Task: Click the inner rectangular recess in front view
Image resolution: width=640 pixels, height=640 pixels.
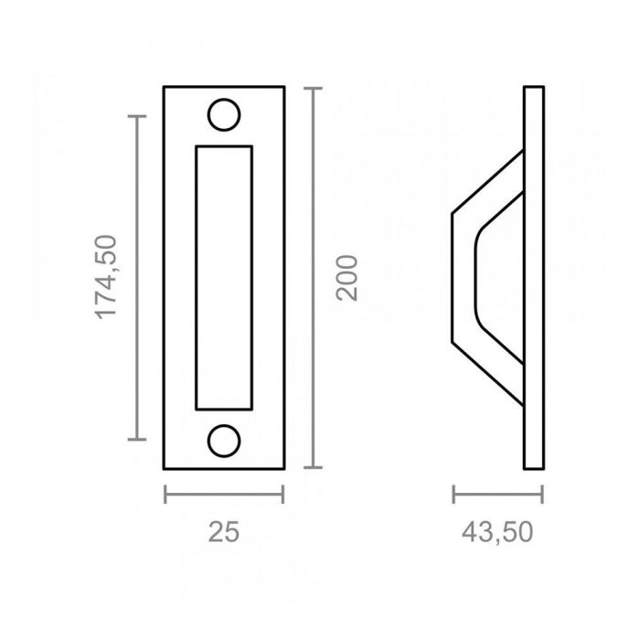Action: (x=224, y=276)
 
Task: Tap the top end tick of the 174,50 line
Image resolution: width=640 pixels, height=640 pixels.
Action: (x=137, y=117)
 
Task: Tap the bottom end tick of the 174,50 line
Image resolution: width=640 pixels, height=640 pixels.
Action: (x=137, y=439)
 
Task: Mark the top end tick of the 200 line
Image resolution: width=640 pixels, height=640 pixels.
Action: (x=313, y=88)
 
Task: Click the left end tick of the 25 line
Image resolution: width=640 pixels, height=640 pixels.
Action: (x=165, y=495)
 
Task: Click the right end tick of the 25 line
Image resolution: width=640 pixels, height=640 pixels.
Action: (x=283, y=495)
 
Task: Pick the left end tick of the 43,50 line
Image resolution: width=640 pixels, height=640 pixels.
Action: (x=453, y=495)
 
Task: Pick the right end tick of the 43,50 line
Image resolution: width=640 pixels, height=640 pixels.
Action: (x=543, y=495)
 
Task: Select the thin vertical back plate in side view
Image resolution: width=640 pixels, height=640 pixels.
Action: (x=534, y=276)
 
